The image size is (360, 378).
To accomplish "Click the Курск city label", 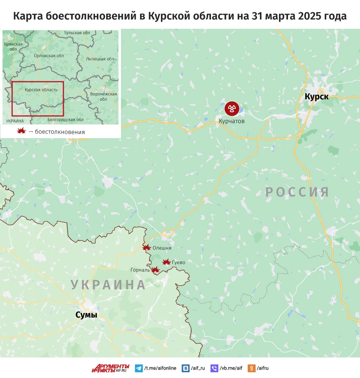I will (316, 96).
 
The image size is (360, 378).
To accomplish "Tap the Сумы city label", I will (86, 315).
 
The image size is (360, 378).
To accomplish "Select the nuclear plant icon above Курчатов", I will (231, 108).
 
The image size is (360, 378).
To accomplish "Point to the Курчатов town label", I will (231, 121).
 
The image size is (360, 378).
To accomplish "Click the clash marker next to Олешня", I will (146, 247).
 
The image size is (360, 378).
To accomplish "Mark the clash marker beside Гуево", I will (166, 262).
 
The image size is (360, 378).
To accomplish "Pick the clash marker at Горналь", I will (155, 269).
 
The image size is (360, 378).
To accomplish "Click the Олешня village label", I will (162, 248).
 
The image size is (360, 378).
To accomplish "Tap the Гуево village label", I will (179, 263).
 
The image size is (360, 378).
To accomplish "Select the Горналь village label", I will (140, 270).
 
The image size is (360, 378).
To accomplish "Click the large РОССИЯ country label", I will (297, 192).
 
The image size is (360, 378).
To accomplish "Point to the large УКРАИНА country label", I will (108, 284).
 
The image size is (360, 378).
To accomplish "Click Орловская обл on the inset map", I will (49, 56).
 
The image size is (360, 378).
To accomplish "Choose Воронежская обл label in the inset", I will (104, 96).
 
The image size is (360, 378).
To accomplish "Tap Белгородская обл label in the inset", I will (66, 119).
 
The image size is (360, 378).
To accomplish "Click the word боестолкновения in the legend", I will (60, 132).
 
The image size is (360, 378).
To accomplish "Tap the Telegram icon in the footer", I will (139, 368).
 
